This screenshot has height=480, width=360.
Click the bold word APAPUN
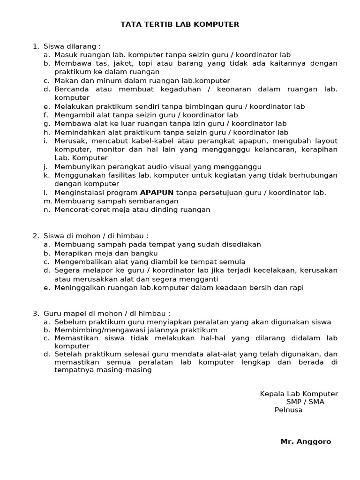[157, 192]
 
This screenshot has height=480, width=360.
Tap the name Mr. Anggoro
[306, 442]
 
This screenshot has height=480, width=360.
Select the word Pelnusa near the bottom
[288, 410]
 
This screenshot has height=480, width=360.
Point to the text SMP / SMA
[305, 402]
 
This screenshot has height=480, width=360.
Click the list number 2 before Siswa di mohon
[35, 236]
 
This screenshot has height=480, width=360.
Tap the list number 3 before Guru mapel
[35, 313]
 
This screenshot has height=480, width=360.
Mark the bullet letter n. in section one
[46, 210]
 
